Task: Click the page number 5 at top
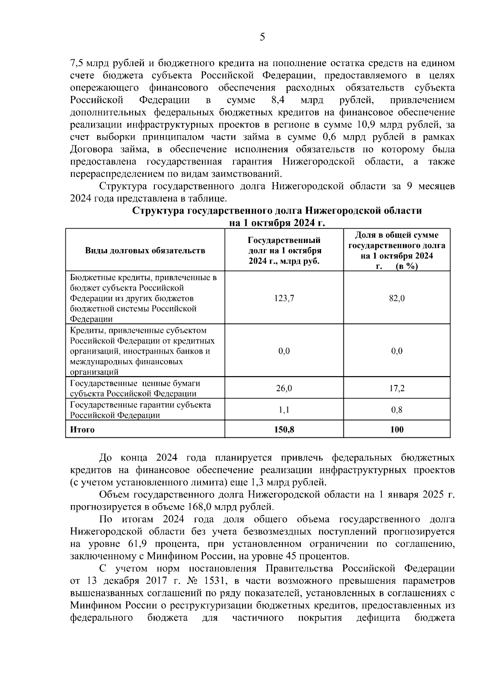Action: [x=262, y=38]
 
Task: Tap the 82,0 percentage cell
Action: [x=396, y=299]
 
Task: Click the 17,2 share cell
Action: [x=396, y=388]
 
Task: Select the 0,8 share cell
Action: [x=396, y=410]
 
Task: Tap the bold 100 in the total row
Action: [x=396, y=430]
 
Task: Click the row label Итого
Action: [x=82, y=430]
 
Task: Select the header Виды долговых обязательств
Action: [x=145, y=251]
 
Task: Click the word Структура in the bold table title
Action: [x=158, y=211]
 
